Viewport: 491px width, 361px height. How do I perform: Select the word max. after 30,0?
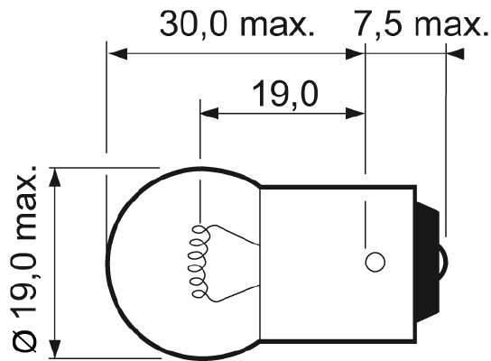(279, 24)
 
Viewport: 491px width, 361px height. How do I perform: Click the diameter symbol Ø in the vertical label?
(25, 341)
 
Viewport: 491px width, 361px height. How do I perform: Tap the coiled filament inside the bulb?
(197, 262)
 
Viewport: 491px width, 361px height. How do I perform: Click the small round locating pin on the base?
(375, 262)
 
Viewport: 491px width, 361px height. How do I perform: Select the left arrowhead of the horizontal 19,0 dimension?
(208, 114)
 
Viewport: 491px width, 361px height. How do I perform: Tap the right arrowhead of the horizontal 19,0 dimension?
(357, 114)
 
